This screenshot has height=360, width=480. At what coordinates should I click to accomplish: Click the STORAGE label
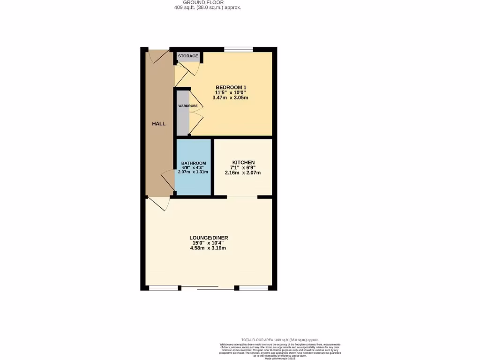188,56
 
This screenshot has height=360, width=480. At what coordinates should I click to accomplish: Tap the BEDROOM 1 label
231,87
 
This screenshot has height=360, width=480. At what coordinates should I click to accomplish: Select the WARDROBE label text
184,106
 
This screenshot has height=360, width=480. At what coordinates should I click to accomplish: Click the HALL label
158,124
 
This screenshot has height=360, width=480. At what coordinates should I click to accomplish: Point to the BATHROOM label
194,163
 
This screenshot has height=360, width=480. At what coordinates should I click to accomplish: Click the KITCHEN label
243,162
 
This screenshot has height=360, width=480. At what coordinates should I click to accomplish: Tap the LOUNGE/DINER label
209,238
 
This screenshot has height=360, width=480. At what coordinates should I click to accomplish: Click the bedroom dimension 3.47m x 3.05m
230,97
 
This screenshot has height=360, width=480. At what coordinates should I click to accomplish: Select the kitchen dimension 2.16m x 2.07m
243,172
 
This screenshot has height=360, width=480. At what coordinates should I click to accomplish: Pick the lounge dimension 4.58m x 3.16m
208,247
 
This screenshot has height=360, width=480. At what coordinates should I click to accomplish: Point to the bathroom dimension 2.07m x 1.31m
193,172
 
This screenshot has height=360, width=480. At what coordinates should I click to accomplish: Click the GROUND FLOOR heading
207,2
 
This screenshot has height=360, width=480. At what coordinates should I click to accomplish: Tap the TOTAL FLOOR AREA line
280,339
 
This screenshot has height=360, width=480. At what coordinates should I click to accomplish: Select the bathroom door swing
167,180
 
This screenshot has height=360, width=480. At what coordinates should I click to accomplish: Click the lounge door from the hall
158,204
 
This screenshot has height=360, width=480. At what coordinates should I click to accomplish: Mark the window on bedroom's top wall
239,49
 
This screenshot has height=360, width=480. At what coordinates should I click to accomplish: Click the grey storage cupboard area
188,60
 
